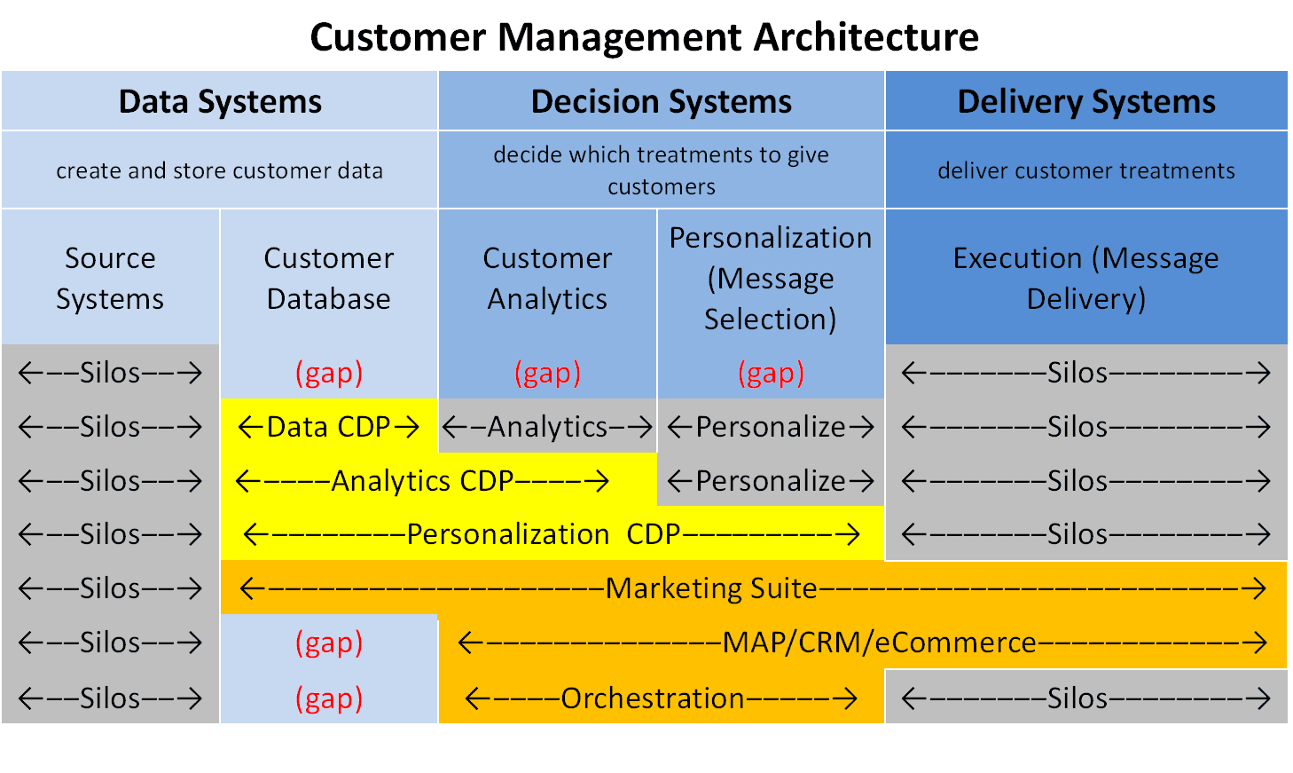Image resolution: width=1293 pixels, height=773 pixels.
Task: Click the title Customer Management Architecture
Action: coord(644,37)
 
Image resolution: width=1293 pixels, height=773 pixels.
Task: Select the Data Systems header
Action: coord(220,102)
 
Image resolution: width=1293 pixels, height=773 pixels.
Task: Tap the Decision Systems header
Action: coord(661,102)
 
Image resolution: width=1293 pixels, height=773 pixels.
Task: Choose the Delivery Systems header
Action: coord(1085,102)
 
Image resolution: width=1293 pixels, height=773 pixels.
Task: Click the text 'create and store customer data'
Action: coord(219,170)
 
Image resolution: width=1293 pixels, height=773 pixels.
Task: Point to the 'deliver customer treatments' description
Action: coord(1085,170)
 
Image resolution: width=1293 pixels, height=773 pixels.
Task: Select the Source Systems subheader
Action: coord(110,278)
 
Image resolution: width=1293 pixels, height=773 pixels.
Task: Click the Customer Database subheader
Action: coord(328,278)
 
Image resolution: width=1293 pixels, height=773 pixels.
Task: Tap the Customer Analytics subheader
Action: coord(547,278)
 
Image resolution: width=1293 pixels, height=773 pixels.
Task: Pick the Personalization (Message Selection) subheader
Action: coord(770,278)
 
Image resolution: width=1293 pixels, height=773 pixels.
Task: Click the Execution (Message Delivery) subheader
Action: coord(1085,278)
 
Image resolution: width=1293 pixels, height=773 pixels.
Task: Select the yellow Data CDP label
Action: coord(328,427)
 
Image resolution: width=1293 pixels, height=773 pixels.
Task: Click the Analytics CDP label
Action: coord(422,481)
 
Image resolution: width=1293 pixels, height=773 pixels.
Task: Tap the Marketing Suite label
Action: coord(710,588)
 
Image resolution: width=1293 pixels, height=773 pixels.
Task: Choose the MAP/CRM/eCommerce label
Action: coord(879,643)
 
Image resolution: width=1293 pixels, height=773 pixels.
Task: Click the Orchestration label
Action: coord(652,698)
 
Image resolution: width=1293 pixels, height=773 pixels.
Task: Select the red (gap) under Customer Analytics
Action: coord(547,373)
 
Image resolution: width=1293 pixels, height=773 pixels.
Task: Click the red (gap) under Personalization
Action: coord(770,373)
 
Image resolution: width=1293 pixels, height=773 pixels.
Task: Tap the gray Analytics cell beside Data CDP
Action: coord(547,427)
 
